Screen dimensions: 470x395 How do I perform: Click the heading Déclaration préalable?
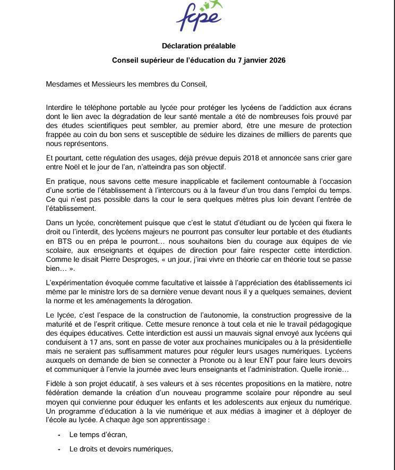pyautogui.click(x=199, y=46)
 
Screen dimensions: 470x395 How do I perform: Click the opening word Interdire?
pyautogui.click(x=61, y=108)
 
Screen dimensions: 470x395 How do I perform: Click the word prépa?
pyautogui.click(x=103, y=241)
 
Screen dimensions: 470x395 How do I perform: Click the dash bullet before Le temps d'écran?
pyautogui.click(x=59, y=435)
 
